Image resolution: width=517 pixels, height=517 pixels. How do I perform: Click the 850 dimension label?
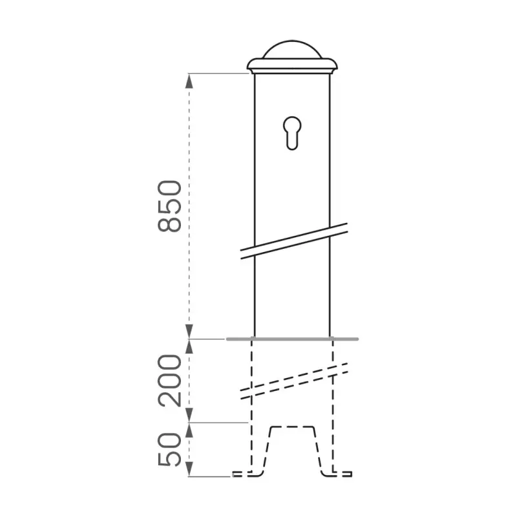coord(169,206)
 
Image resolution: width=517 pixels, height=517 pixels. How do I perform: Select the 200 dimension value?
coord(169,380)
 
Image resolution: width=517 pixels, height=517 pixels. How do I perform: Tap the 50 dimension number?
coord(169,450)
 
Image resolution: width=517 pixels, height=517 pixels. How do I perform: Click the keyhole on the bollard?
coord(291,132)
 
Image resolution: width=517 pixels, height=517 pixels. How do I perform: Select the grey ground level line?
coord(292,338)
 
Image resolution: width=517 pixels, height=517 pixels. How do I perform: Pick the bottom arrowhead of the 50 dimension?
coord(189,472)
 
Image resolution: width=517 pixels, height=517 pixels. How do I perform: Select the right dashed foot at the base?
coord(339,475)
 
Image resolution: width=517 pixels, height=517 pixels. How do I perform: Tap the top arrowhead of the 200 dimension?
coord(189,344)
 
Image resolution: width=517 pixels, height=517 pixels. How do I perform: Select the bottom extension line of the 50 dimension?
coord(210,476)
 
